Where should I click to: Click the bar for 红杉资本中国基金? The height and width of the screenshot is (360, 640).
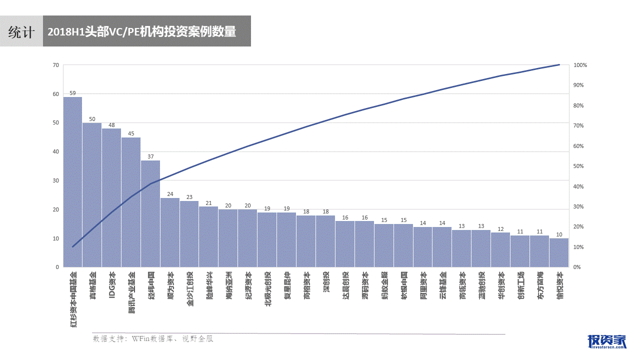tap(72, 182)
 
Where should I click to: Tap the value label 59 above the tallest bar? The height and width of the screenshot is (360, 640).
tap(72, 93)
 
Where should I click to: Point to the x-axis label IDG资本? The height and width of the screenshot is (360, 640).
tap(112, 284)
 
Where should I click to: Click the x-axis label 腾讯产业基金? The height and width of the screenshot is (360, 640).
tap(131, 292)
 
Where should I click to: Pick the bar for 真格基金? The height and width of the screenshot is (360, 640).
tap(92, 195)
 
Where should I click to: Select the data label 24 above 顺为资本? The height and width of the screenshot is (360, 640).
tap(170, 194)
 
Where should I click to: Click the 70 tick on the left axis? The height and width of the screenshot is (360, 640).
tap(55, 65)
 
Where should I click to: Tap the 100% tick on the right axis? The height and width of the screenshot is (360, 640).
tap(580, 65)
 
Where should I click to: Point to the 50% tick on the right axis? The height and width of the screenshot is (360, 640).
tap(578, 166)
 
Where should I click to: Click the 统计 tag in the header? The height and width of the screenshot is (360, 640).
tap(21, 31)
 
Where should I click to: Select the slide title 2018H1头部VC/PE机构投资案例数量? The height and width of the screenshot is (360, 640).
tap(141, 31)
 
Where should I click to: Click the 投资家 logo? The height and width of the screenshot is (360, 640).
tap(607, 340)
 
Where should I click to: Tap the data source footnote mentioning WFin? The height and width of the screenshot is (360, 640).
tap(153, 338)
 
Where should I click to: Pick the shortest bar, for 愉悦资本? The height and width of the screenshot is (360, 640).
tap(559, 252)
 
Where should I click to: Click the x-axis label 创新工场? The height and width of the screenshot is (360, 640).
tap(520, 284)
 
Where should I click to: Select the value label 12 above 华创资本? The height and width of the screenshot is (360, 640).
tap(500, 229)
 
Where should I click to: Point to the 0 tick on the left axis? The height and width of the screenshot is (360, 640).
tap(57, 267)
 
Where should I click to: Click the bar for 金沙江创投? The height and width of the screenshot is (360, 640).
tap(189, 234)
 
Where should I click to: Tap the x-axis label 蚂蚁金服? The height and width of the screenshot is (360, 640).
tap(384, 284)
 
